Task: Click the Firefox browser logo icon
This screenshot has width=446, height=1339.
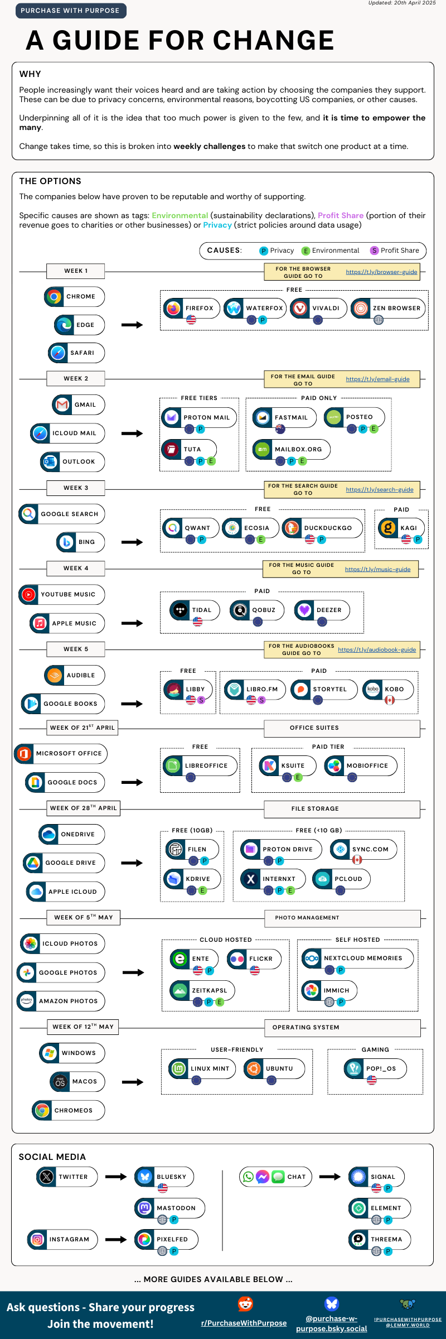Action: [174, 308]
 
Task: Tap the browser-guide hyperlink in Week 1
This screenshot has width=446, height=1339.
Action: [381, 272]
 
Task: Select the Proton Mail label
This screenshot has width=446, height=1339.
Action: [206, 417]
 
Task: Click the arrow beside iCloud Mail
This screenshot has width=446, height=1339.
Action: [132, 434]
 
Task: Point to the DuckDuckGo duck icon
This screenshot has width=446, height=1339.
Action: [292, 528]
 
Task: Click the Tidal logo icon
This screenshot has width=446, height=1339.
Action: [180, 610]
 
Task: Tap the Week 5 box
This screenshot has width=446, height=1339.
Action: [76, 649]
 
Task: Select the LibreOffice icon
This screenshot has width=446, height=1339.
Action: [173, 765]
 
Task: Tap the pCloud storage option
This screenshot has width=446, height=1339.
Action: [341, 879]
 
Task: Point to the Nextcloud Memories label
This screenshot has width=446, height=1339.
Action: [363, 958]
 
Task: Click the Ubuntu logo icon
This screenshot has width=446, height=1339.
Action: [254, 1068]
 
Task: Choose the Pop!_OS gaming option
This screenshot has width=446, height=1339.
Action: [375, 1068]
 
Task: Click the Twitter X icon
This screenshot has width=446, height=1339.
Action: [47, 1177]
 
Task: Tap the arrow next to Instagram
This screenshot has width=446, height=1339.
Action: [116, 1239]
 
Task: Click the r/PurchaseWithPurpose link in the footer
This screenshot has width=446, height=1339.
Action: [244, 1323]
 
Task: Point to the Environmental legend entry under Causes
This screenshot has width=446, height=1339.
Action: [331, 251]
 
